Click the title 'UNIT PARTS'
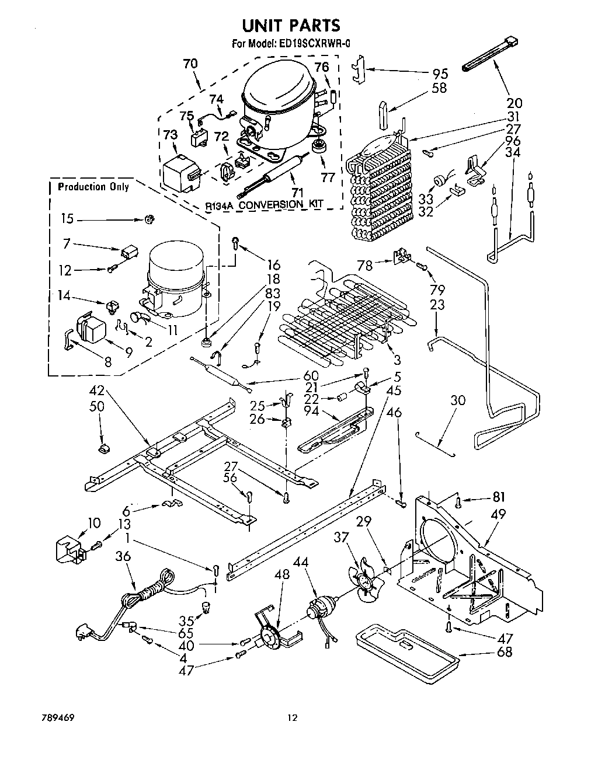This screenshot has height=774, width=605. (x=291, y=25)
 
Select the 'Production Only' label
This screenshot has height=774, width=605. (x=93, y=187)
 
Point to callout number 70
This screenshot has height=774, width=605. (x=190, y=64)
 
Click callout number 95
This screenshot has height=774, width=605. (x=440, y=74)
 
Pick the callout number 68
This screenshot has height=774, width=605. (x=503, y=651)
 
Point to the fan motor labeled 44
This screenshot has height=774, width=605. (x=324, y=611)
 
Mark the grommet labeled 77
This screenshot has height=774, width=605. (x=318, y=145)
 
